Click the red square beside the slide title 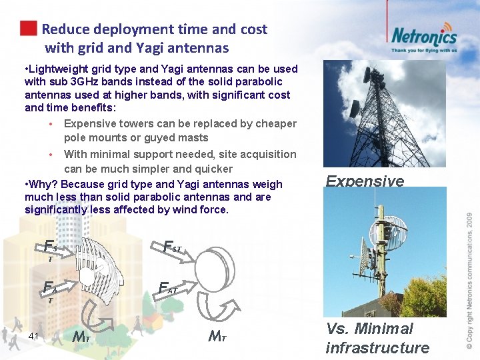28,29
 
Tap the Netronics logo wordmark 423,36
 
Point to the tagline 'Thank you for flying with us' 424,50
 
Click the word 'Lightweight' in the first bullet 59,69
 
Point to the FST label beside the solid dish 172,248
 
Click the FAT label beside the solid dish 167,289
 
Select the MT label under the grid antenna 81,336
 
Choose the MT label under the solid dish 217,336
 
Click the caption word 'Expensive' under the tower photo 365,181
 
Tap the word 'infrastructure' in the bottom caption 377,347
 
